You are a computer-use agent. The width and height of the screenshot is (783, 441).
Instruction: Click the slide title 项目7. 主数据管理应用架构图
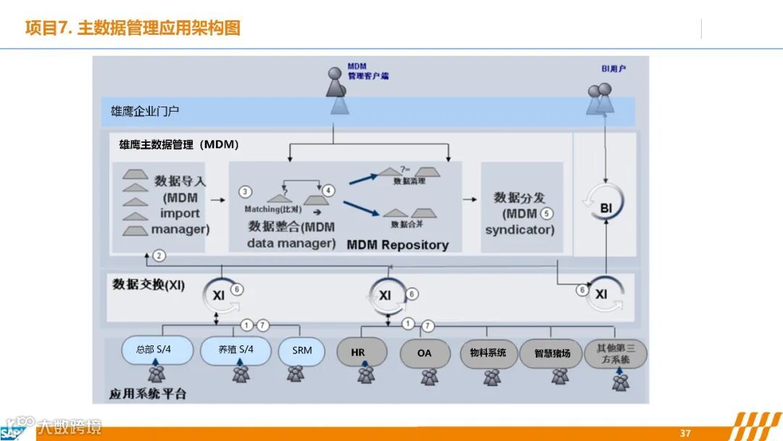click(x=133, y=28)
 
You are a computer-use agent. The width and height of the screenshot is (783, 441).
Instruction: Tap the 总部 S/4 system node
click(x=157, y=350)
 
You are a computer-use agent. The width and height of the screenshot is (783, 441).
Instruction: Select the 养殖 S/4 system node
click(x=236, y=350)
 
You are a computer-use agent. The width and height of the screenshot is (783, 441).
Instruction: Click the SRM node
click(x=302, y=350)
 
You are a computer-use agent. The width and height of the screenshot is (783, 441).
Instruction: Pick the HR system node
click(x=358, y=353)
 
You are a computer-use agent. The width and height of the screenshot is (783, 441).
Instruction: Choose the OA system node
click(x=424, y=353)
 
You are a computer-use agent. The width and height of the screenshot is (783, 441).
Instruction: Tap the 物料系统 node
click(x=489, y=354)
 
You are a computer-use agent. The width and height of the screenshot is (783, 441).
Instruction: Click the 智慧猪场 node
click(x=552, y=354)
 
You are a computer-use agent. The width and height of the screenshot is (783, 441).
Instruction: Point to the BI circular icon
click(x=605, y=208)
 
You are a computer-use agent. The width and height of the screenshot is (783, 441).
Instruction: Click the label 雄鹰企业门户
click(x=145, y=112)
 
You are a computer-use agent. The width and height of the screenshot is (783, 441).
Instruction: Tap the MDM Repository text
click(x=397, y=244)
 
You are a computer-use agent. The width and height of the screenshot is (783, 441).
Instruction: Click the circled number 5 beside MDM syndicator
click(x=546, y=214)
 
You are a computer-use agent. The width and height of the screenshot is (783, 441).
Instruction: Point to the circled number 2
click(x=159, y=255)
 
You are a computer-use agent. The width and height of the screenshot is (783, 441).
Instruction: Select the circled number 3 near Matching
click(x=246, y=191)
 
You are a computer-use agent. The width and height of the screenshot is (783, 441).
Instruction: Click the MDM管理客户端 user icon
click(x=336, y=83)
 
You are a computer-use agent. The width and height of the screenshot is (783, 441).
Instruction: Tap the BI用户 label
click(x=613, y=69)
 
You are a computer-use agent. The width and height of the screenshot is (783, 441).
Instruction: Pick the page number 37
click(x=685, y=433)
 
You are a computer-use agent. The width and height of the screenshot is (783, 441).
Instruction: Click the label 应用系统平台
click(x=148, y=394)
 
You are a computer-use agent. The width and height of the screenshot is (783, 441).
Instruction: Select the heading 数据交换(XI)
click(x=149, y=285)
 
